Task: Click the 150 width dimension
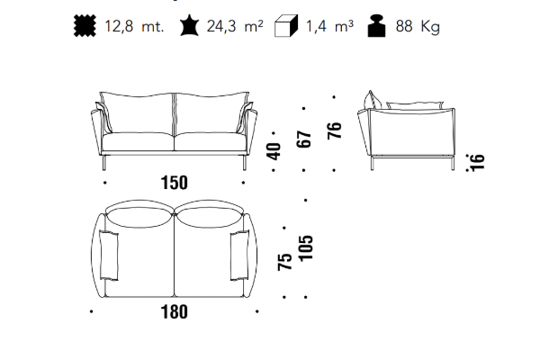click(x=175, y=183)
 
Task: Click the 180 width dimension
click(x=175, y=311)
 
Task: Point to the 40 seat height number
click(x=274, y=151)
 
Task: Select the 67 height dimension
click(x=304, y=139)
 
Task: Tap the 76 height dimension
click(x=335, y=130)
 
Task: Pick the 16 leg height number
click(x=477, y=162)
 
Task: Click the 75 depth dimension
click(x=284, y=262)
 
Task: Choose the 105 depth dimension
click(x=306, y=248)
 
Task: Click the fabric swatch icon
click(x=85, y=25)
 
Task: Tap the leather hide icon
click(x=189, y=25)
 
